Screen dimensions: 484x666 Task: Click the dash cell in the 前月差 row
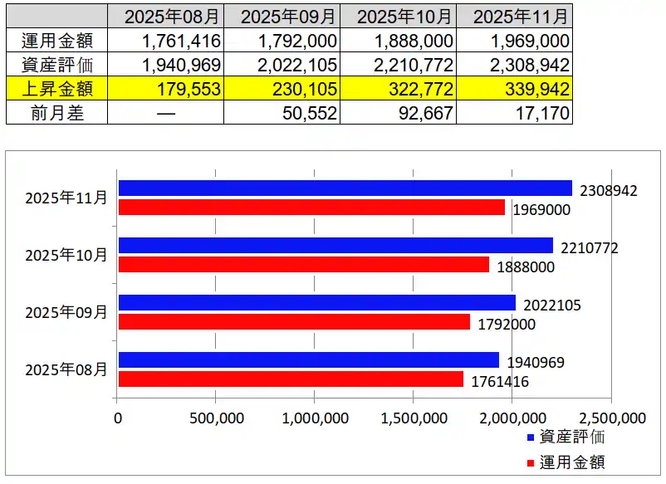pos(166,113)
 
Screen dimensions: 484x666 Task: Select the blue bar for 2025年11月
pos(345,188)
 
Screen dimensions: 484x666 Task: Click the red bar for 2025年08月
pos(291,379)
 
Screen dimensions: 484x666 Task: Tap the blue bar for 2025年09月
pos(316,303)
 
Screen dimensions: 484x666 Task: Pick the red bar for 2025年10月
pos(304,264)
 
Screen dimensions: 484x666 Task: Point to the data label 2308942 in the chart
pos(609,191)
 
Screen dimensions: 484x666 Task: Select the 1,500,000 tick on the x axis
pos(412,418)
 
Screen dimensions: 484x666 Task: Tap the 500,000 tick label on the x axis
pos(216,418)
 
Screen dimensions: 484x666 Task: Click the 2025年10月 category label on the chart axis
pos(66,255)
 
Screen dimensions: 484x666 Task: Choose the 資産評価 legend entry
pos(571,438)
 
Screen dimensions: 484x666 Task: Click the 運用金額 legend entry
pos(571,461)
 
